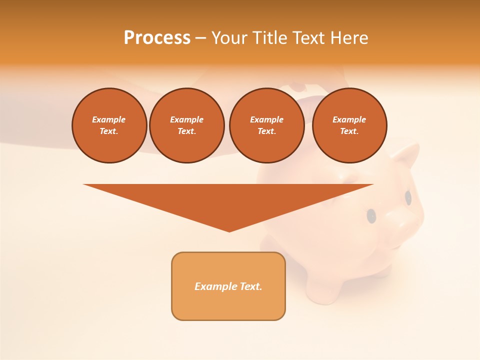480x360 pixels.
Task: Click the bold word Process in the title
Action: coord(157,38)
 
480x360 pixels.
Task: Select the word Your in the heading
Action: coord(229,38)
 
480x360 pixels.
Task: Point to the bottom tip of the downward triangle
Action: coord(229,231)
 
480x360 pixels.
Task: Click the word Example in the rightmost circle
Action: coord(349,119)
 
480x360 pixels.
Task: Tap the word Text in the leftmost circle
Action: coord(108,131)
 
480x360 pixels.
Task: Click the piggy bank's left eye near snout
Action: coord(371,215)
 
